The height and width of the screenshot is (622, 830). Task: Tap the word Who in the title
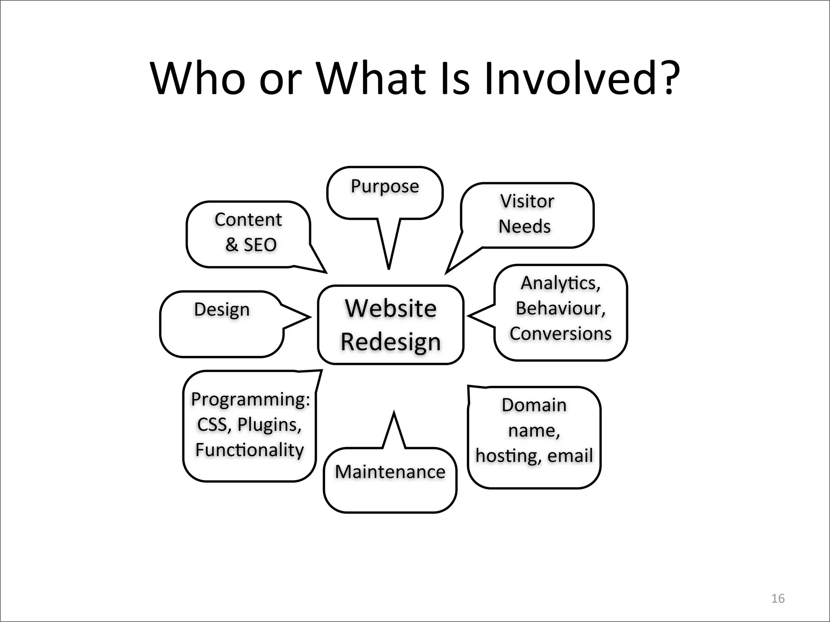198,78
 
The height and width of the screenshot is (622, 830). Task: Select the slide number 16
778,599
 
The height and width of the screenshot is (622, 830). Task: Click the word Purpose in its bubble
385,187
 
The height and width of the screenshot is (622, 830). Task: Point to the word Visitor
527,201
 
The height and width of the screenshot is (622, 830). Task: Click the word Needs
524,226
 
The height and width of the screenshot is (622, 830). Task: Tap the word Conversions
560,334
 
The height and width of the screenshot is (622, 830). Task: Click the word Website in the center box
391,309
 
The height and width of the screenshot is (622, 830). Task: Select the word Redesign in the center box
391,342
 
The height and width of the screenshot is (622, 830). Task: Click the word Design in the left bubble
222,310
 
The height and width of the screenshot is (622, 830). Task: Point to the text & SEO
251,245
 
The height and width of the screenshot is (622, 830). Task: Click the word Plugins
269,425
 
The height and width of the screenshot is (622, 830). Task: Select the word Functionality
250,450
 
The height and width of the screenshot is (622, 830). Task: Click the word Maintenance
390,472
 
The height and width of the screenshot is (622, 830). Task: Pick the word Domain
534,405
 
